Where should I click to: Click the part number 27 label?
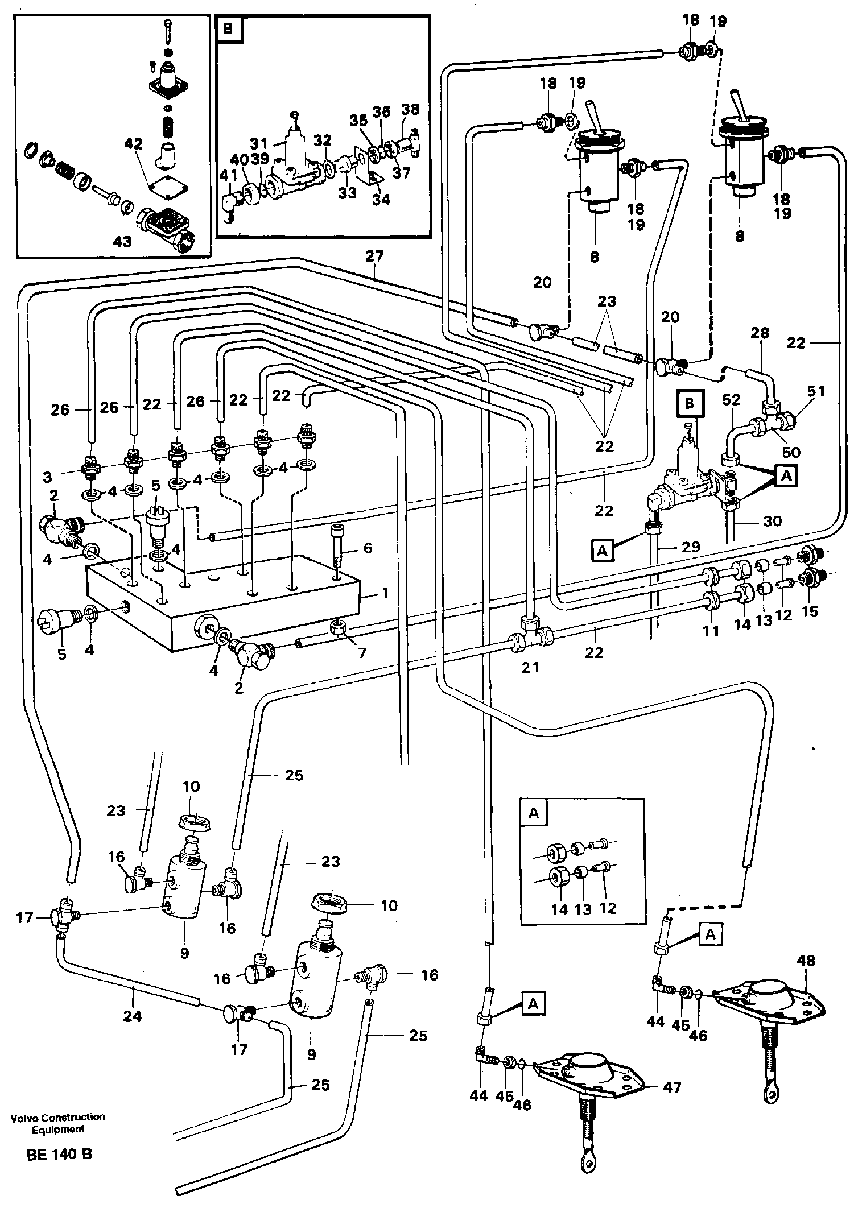[x=374, y=256]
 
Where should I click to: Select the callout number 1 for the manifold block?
[x=385, y=593]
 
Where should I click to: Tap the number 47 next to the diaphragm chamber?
[x=673, y=1087]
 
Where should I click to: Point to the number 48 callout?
[x=806, y=961]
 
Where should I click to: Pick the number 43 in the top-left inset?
[x=122, y=241]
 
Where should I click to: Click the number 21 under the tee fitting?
[x=530, y=667]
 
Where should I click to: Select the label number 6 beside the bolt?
[x=368, y=548]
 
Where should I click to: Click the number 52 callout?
[x=732, y=400]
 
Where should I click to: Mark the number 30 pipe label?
[x=772, y=520]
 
